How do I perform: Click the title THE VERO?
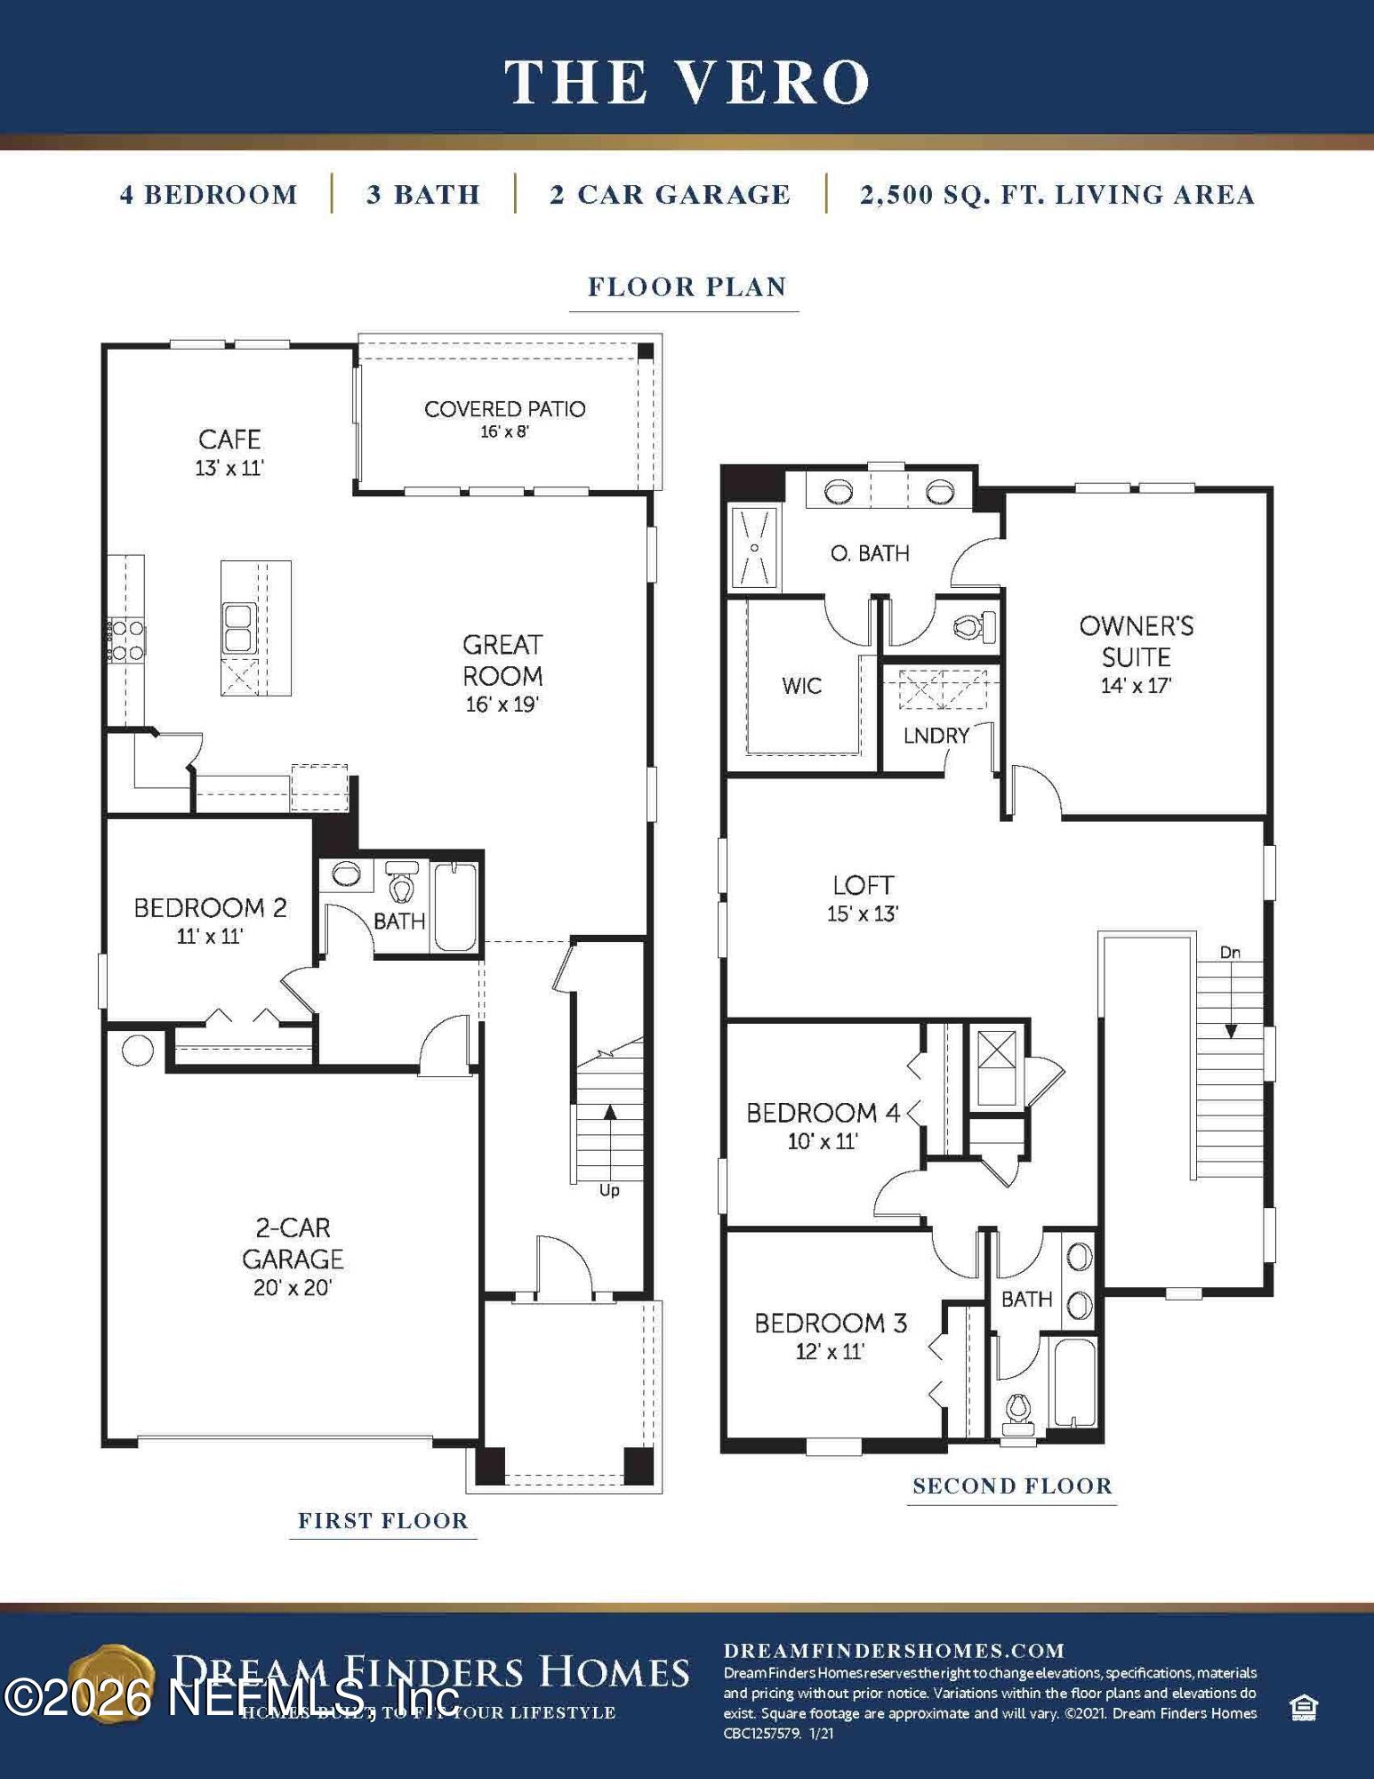(687, 82)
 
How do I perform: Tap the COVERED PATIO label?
(504, 409)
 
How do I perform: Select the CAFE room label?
(229, 439)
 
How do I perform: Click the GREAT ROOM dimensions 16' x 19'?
(502, 704)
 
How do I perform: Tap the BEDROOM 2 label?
(210, 908)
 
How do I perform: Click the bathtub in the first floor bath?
(456, 906)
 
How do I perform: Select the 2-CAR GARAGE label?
(293, 1244)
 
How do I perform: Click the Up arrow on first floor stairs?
(610, 1113)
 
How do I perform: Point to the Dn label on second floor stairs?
(1230, 953)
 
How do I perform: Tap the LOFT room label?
(863, 885)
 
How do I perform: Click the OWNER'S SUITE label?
(1136, 641)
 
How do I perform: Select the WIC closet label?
(801, 686)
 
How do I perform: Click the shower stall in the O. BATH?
(754, 547)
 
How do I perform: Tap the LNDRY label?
(936, 736)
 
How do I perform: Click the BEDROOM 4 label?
(823, 1113)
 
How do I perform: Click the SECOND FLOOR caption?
(1012, 1486)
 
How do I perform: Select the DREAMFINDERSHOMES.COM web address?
(894, 1651)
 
